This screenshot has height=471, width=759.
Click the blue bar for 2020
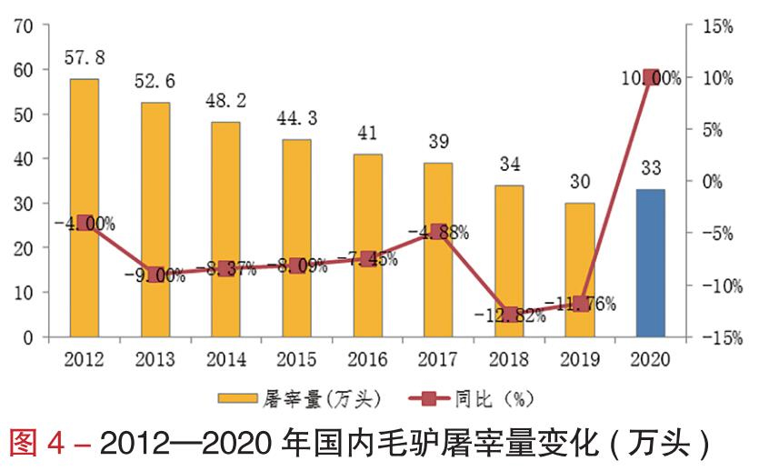click(x=650, y=263)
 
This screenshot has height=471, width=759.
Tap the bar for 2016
click(x=367, y=246)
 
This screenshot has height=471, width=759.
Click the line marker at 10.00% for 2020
click(x=651, y=78)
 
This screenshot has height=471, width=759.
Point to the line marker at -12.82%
click(x=510, y=313)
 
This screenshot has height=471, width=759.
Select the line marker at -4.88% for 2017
click(x=439, y=232)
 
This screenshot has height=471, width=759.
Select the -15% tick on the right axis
click(x=719, y=337)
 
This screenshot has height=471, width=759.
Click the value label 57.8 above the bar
click(x=85, y=58)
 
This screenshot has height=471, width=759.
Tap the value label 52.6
click(x=155, y=81)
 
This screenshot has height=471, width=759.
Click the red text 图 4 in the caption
click(x=42, y=444)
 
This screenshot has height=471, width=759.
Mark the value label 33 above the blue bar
click(x=650, y=167)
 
